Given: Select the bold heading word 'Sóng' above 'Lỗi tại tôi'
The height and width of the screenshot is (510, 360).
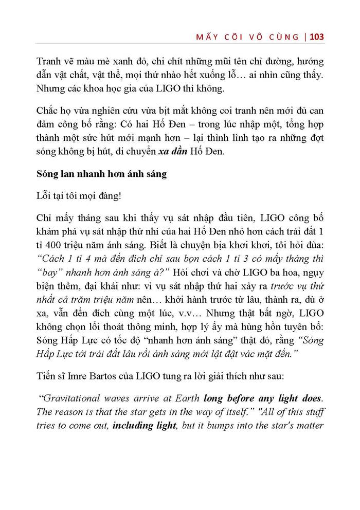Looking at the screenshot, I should pyautogui.click(x=48, y=174).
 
